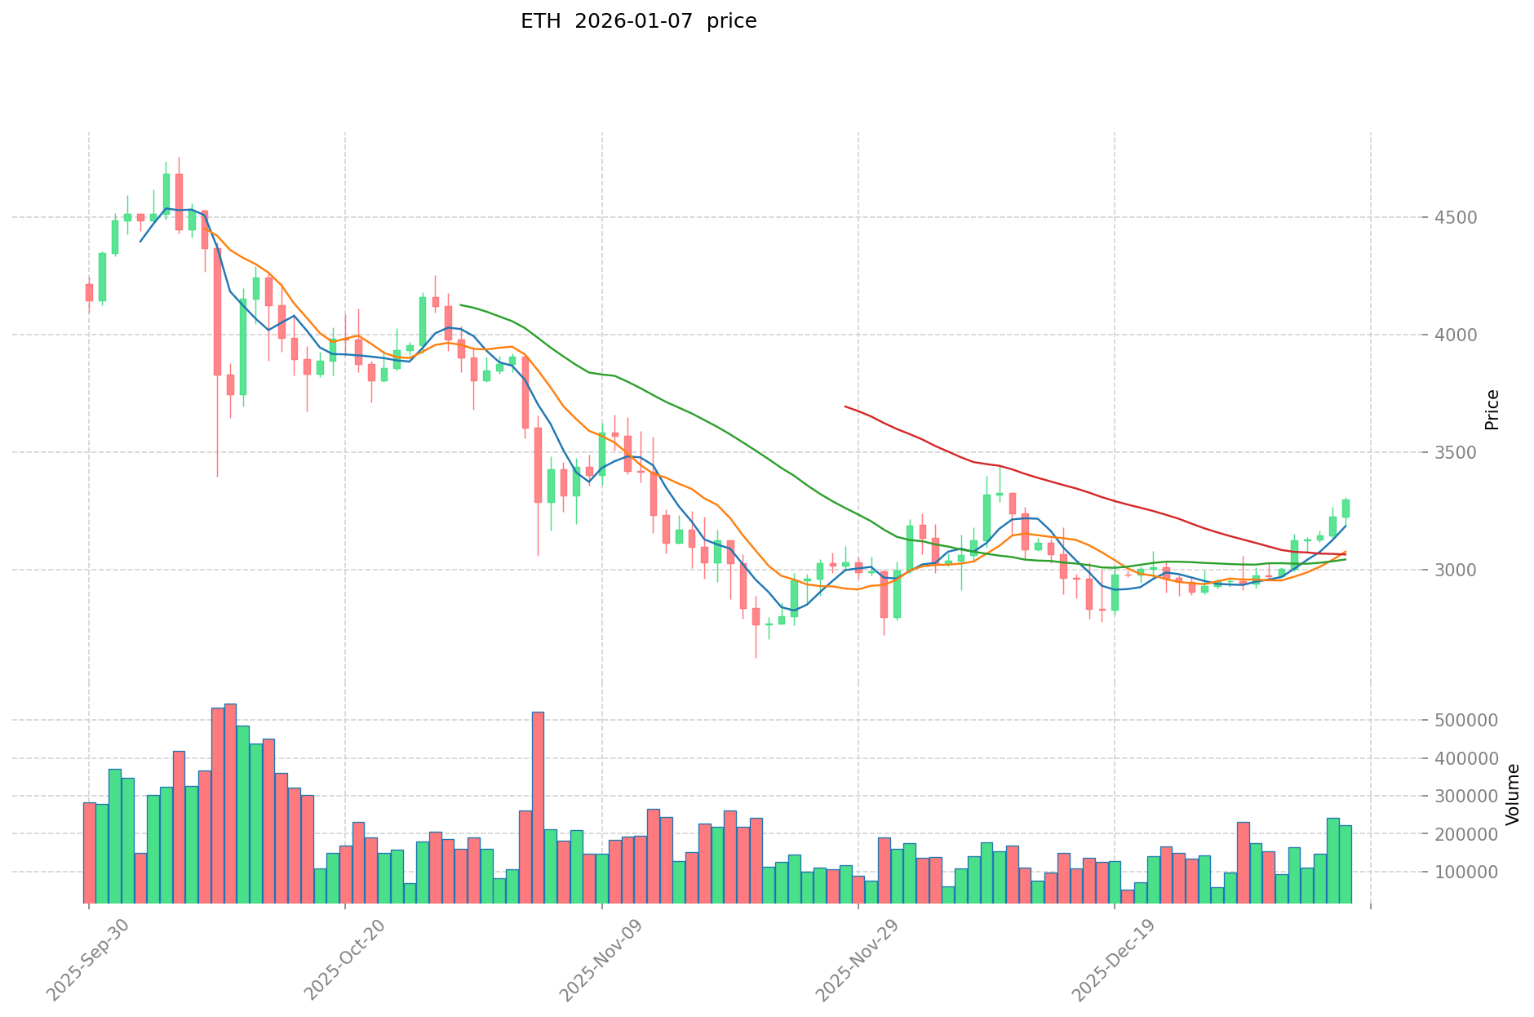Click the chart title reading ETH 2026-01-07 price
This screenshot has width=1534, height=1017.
[638, 21]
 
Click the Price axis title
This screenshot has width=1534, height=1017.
[1492, 410]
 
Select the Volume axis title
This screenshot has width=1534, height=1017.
[1513, 794]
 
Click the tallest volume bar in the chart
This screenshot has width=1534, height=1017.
[230, 804]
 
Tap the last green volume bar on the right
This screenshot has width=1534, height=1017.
[1346, 864]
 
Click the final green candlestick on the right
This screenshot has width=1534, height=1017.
[1346, 508]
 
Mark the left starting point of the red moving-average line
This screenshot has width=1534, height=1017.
[845, 406]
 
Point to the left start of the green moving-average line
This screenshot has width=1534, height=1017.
[461, 305]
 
